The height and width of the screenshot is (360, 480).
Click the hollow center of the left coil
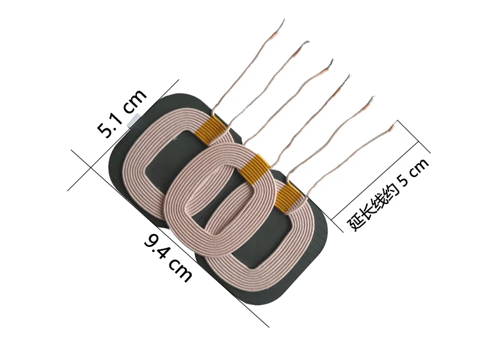[x=168, y=160]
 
